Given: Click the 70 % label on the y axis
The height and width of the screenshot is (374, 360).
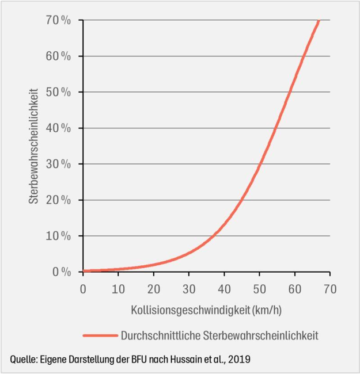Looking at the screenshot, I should [x=59, y=21].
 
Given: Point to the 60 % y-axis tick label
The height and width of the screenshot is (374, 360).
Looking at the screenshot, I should [x=59, y=56].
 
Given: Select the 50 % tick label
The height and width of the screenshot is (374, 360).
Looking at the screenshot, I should [x=59, y=92].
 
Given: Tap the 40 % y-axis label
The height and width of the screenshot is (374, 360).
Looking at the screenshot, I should [x=59, y=128].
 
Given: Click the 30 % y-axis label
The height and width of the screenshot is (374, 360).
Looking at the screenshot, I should [x=59, y=164].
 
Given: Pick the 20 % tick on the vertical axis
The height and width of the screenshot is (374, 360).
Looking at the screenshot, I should [x=59, y=200].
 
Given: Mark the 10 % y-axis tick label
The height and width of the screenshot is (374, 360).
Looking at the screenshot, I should [x=59, y=236].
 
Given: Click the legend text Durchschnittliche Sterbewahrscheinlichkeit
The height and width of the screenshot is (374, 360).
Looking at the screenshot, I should [x=219, y=335].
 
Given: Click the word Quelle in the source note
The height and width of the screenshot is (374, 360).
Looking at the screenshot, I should [x=24, y=359].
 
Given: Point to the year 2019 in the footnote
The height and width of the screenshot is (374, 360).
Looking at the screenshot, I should [x=238, y=359].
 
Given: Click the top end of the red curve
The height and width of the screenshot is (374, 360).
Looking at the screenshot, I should [x=319, y=21].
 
